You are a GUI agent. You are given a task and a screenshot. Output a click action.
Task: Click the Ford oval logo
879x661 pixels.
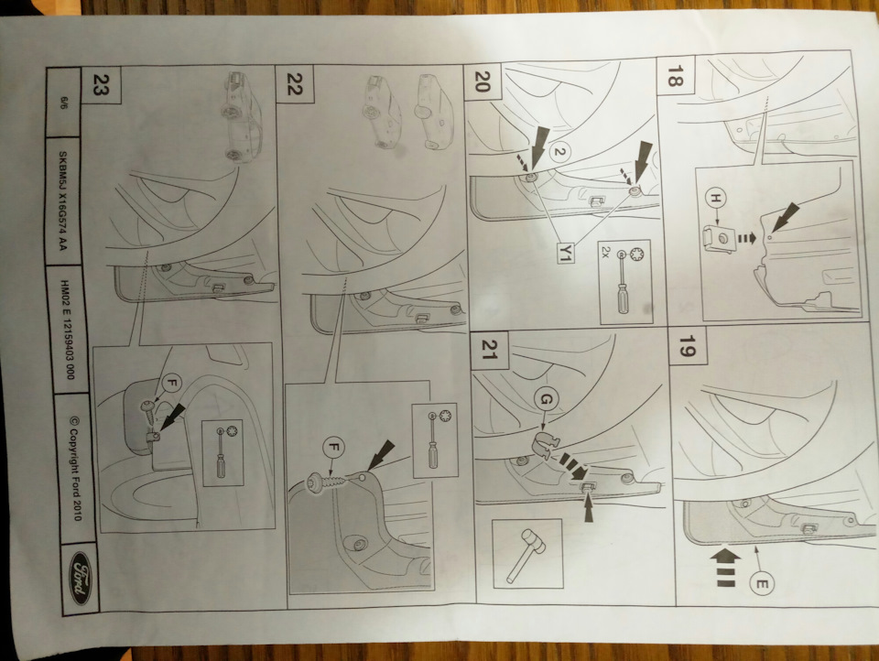(x=77, y=579)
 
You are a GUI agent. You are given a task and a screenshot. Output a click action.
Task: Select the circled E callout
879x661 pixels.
(x=764, y=583)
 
